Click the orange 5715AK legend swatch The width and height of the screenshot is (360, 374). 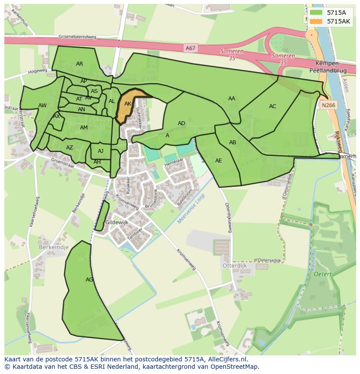coord(316,21)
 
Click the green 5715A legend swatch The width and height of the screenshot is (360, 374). coord(316,13)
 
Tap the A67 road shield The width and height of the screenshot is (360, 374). coord(190,48)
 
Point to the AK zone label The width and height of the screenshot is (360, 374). coord(128,104)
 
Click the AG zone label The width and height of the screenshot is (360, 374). coord(89,280)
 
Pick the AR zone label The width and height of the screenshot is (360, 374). coord(80,64)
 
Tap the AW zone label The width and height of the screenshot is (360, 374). coord(42,106)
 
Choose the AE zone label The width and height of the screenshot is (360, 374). coord(218,161)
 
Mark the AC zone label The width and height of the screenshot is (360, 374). coord(273,106)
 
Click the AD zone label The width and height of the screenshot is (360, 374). coord(181,123)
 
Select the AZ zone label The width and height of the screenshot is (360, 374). coord(70,148)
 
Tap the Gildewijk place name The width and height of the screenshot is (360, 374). coord(117,222)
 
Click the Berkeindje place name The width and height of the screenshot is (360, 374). coord(54,247)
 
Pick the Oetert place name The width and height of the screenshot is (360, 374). coord(323,274)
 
